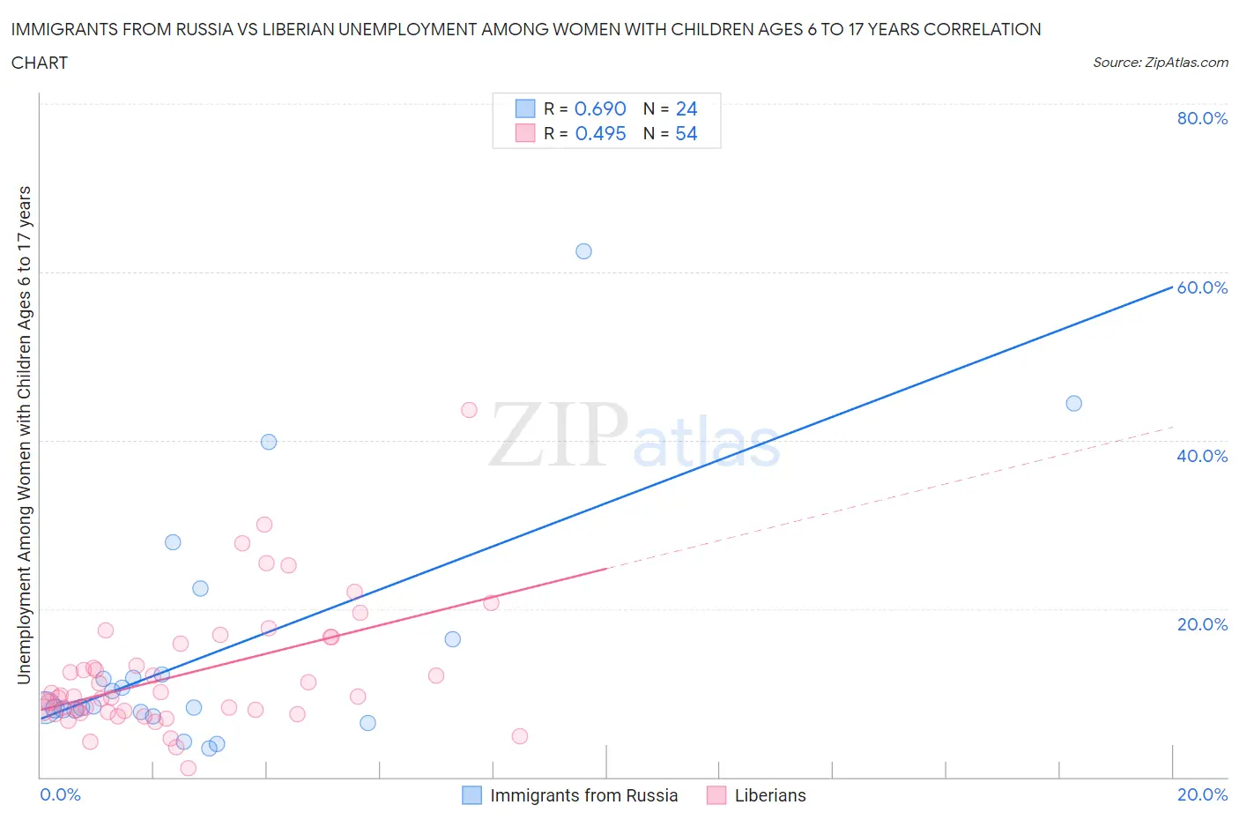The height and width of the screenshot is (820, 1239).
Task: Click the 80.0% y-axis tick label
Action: point(1202,118)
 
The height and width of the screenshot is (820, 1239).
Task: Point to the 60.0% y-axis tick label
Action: point(1202,287)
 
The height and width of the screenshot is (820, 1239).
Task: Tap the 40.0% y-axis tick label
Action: point(1202,456)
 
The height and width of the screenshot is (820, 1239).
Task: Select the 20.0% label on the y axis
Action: point(1202,624)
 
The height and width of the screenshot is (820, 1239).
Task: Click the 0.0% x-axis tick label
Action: point(60,794)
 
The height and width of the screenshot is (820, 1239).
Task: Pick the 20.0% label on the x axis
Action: point(1202,794)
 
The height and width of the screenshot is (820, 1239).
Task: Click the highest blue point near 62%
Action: point(583,251)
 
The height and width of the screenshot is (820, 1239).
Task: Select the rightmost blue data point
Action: point(1073,404)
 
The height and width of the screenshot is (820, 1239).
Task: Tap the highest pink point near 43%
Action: point(469,410)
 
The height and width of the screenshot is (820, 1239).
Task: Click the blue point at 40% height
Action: point(269,442)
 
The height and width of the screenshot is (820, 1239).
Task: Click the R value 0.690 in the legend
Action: point(600,108)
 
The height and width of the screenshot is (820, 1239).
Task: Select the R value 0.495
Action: point(600,133)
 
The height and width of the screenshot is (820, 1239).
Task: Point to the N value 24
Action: point(686,108)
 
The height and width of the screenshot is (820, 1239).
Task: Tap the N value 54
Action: point(686,133)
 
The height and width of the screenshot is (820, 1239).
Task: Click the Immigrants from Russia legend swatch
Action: point(472,795)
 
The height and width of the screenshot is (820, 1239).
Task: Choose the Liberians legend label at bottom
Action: point(770,795)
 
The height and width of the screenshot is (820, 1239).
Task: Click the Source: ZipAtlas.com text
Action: point(1160,62)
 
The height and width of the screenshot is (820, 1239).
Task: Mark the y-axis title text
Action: point(25,435)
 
